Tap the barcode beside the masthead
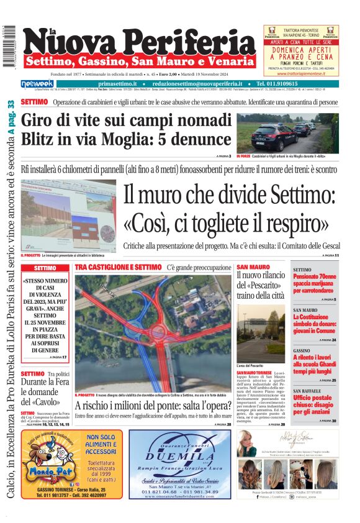pyautogui.click(x=9, y=43)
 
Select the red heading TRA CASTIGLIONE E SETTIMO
pyautogui.click(x=118, y=267)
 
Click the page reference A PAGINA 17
pyautogui.click(x=55, y=358)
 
